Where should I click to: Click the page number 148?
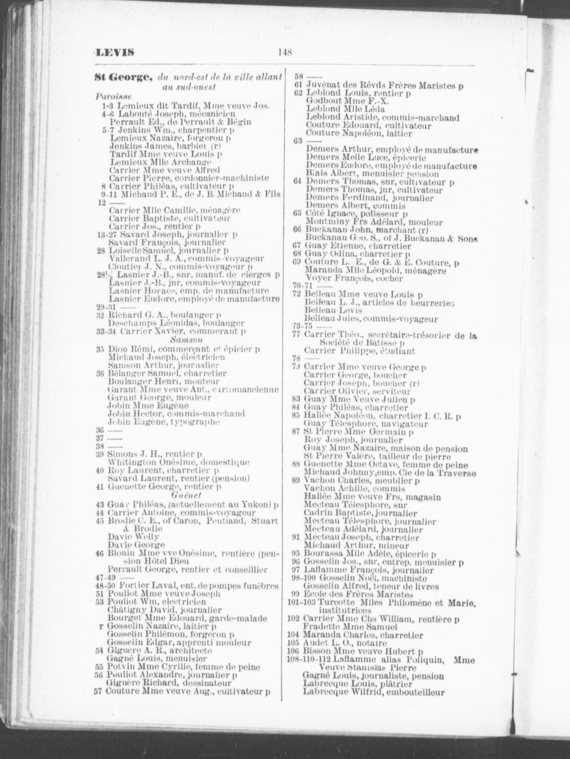coord(284,52)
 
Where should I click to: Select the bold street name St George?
coord(123,78)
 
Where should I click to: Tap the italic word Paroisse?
coord(113,96)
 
